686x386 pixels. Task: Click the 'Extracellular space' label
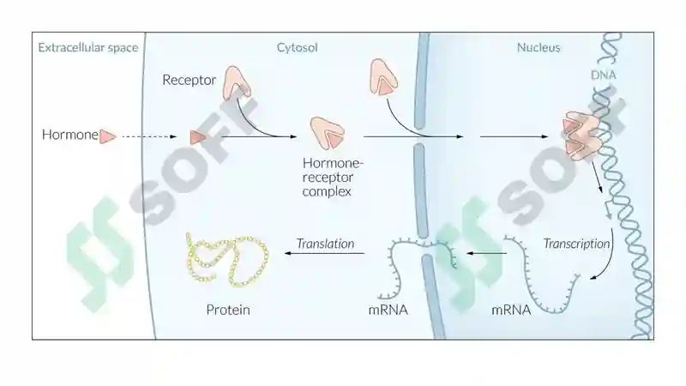tap(88, 47)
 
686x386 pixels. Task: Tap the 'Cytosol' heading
tap(297, 47)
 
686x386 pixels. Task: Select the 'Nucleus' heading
tap(539, 47)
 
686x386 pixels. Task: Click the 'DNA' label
tap(604, 75)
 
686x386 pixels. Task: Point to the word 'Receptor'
tap(189, 80)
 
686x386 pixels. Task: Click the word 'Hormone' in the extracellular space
tap(70, 135)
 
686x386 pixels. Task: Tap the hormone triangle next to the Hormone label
tap(107, 136)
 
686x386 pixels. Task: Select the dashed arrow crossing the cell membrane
tap(149, 136)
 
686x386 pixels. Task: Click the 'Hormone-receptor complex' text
tap(333, 178)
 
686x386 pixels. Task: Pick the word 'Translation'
tap(325, 244)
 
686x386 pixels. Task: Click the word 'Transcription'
tap(576, 244)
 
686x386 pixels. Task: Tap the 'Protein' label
tap(228, 310)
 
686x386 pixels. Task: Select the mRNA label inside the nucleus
tap(511, 310)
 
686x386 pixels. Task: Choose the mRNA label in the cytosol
tap(388, 310)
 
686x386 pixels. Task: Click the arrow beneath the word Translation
tap(325, 253)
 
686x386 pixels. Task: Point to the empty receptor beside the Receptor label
tap(237, 83)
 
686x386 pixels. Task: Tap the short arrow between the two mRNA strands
tap(486, 253)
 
